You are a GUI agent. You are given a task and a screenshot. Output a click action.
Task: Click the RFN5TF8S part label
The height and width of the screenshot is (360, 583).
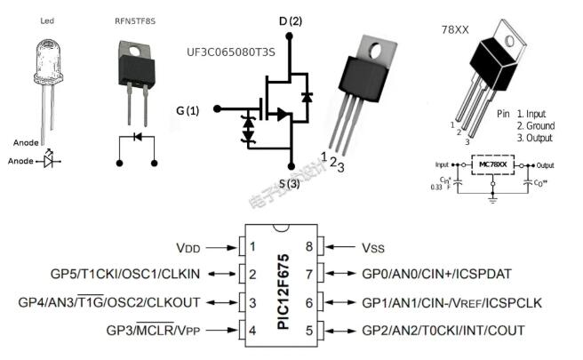pyautogui.click(x=132, y=20)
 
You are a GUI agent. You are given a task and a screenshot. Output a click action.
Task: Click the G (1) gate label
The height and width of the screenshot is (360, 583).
pyautogui.click(x=188, y=110)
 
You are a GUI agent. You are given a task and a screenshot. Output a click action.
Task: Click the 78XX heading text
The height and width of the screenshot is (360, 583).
pyautogui.click(x=456, y=29)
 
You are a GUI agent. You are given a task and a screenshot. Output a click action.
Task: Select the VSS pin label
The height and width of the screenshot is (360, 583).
pyautogui.click(x=367, y=246)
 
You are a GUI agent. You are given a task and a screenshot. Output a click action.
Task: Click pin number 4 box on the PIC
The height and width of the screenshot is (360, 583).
pyautogui.click(x=252, y=331)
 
